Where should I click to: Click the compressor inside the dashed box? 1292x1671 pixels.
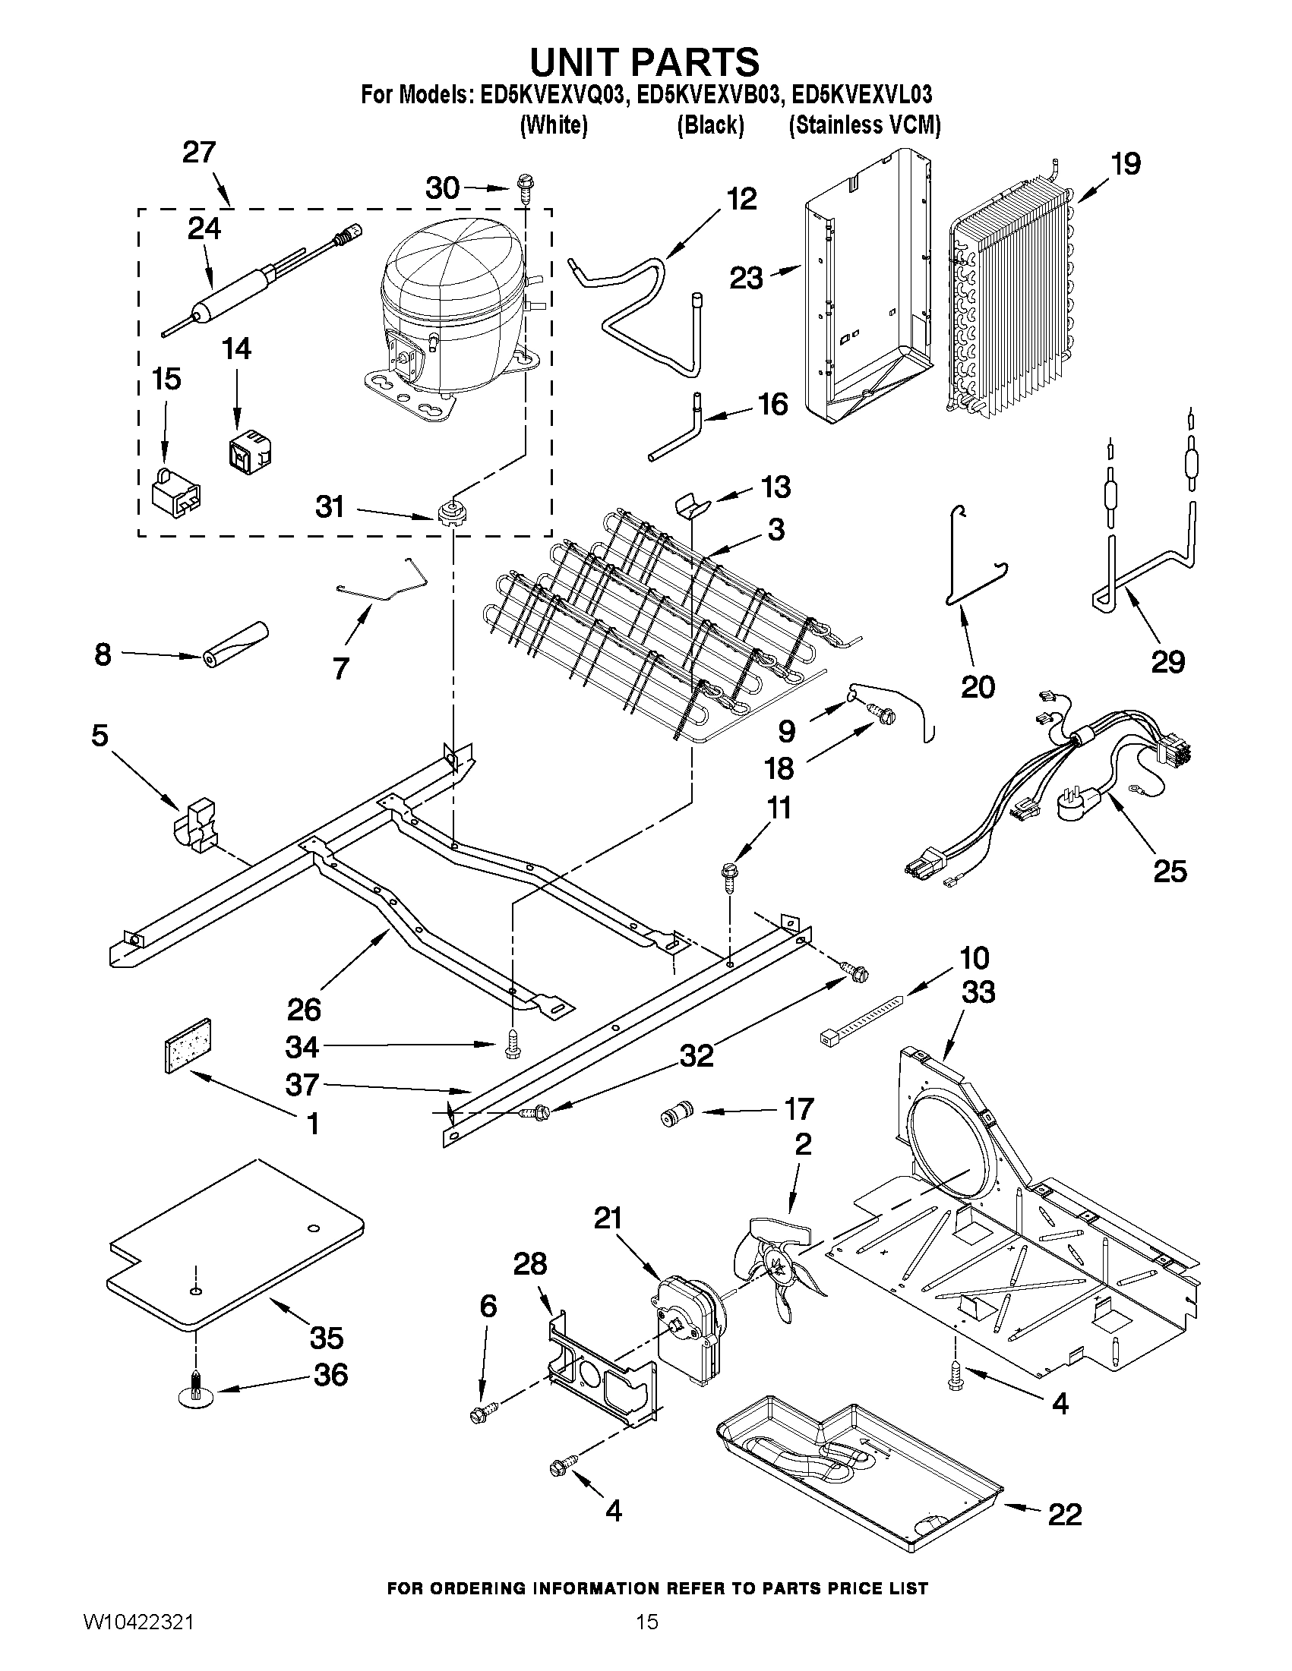point(452,314)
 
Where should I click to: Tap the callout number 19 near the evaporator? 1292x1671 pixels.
point(1125,164)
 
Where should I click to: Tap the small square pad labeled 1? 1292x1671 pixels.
point(188,1045)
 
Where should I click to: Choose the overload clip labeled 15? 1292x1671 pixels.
point(175,490)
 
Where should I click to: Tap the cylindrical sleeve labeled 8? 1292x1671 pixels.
point(235,644)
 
